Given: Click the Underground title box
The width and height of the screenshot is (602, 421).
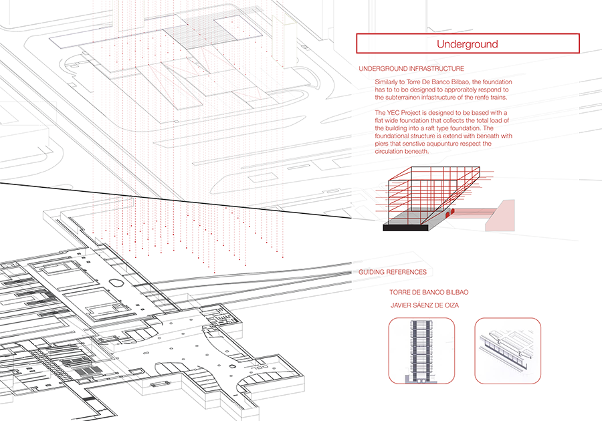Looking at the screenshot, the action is coord(468,43).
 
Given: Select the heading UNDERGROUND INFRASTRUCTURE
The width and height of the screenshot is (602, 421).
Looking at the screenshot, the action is coord(411,69).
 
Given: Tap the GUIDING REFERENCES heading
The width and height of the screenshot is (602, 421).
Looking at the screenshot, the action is coord(393,272).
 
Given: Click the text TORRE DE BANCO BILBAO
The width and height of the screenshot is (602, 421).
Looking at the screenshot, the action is coord(429,292).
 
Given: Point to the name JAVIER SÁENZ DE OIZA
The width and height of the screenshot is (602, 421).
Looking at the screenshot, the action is coord(425,305).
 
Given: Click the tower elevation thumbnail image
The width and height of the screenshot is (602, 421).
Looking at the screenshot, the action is coord(421,350).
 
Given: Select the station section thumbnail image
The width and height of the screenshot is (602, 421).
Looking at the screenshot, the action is coord(508,350).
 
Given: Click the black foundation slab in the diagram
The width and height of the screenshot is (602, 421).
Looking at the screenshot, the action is coord(405,227).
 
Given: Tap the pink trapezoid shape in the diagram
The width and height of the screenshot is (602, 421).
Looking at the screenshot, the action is coord(500,217).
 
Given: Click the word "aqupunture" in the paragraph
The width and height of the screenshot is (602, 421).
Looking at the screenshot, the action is coord(454,144).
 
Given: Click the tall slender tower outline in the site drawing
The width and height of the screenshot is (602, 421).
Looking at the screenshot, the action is coord(284,42).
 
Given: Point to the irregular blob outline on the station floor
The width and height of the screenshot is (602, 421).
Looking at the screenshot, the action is coord(116,283).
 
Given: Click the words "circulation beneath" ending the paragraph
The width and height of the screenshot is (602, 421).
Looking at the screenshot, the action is coord(401,152).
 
